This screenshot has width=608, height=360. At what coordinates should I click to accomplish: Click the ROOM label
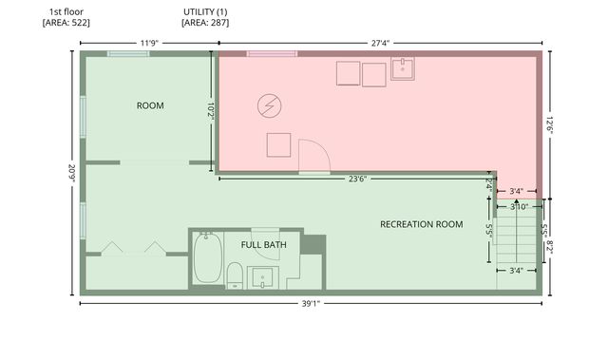150,105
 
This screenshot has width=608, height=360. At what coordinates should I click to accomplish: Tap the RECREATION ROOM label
422,224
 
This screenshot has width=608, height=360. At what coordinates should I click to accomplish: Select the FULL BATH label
264,245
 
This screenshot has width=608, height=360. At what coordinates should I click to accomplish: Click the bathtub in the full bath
208,257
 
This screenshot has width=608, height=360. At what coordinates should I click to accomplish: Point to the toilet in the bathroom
235,275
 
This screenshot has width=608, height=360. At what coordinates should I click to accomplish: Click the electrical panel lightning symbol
270,105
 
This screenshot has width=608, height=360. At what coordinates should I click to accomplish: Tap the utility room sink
403,69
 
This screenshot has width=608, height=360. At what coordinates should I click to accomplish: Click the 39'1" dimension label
311,304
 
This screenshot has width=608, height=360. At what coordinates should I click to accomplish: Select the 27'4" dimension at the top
380,43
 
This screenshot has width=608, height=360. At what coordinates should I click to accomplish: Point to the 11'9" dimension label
149,43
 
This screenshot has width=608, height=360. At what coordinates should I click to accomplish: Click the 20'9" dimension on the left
72,173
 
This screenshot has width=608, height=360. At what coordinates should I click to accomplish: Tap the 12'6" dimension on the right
550,125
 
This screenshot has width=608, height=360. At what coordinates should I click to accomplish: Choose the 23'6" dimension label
357,179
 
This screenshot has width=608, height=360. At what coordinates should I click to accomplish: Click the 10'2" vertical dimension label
211,111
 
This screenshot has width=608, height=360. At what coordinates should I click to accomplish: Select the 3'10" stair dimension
519,207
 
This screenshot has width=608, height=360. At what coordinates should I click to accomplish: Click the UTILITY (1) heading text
205,12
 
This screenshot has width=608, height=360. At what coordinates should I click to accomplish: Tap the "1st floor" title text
66,12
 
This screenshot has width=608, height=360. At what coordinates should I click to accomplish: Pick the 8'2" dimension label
550,247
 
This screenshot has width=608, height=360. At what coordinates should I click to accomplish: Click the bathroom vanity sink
262,277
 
